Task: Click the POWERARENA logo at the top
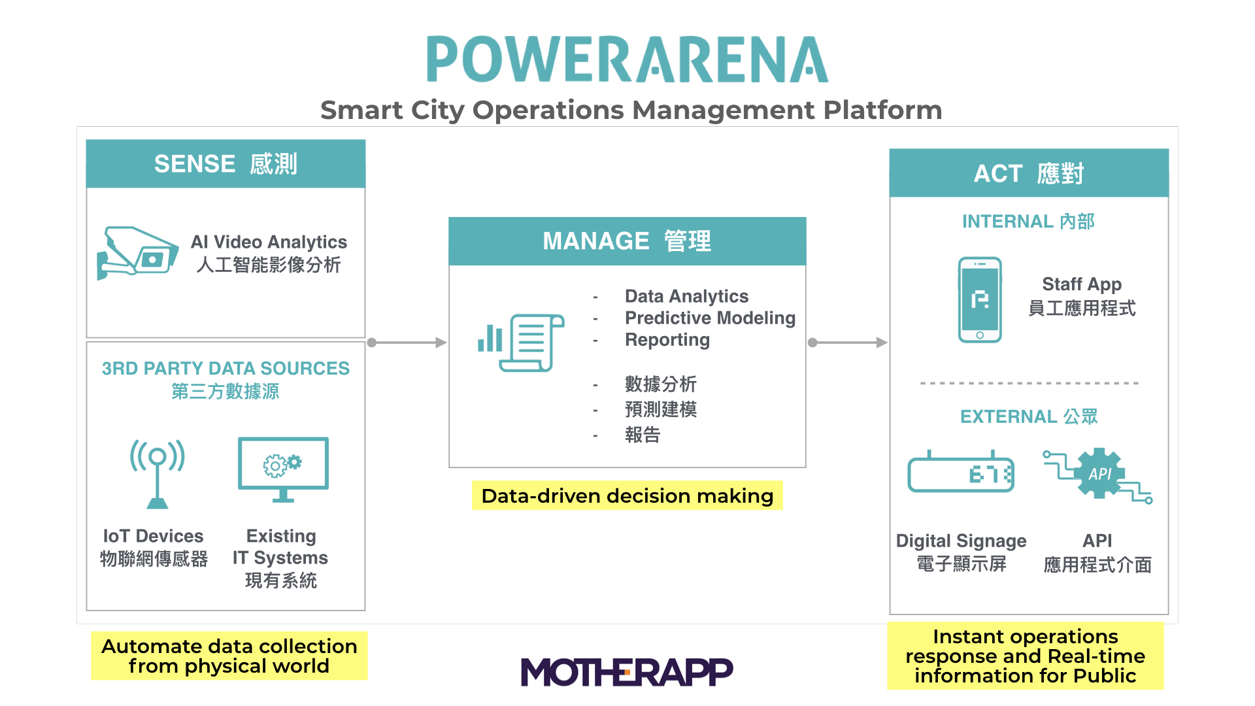tap(627, 59)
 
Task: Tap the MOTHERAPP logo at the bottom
tap(627, 671)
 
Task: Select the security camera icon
tap(137, 253)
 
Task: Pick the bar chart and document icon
tap(521, 343)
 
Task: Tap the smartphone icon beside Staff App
tap(980, 299)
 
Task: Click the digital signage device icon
tap(961, 472)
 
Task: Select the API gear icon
tap(1099, 474)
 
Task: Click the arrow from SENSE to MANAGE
tap(407, 343)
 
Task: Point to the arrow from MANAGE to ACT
tap(848, 343)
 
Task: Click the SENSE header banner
tap(226, 163)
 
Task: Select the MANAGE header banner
tap(627, 241)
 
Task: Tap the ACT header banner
tap(1029, 173)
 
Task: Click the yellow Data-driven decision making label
tap(627, 496)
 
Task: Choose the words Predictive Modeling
tap(711, 318)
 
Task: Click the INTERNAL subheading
tap(1028, 222)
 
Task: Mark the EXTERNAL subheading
tap(1029, 416)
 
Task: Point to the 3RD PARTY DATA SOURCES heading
tap(226, 368)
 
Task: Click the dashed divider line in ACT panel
tap(1029, 383)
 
